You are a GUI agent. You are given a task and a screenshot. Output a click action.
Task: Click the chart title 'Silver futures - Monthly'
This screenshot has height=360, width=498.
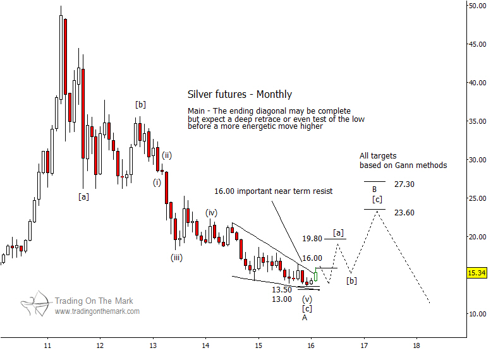(x=240, y=95)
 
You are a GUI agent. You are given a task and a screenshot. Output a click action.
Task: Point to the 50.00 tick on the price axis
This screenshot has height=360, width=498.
(x=477, y=6)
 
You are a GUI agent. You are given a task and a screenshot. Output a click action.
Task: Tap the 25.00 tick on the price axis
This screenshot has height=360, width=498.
(x=477, y=198)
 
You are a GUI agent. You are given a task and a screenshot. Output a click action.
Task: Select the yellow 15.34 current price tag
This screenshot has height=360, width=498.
(x=477, y=273)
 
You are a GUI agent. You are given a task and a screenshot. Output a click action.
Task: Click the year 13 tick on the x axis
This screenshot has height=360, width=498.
(x=153, y=346)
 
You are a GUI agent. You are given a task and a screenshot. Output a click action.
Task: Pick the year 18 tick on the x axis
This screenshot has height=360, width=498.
(x=416, y=346)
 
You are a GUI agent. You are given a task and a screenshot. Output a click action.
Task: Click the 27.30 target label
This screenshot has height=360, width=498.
(x=404, y=184)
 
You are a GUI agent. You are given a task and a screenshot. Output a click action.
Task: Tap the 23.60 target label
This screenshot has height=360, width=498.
(x=404, y=213)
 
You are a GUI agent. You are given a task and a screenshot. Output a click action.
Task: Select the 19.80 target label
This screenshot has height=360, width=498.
(x=312, y=239)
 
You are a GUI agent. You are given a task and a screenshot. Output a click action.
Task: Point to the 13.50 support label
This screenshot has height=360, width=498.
(x=281, y=290)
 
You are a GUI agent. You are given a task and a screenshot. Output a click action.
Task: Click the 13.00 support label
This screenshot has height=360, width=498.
(x=281, y=299)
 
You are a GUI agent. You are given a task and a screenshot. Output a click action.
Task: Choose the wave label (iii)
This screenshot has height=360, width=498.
(x=176, y=257)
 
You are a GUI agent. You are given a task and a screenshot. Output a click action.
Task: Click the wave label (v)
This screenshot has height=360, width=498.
(x=307, y=299)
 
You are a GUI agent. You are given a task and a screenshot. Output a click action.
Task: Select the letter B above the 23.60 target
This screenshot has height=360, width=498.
(x=374, y=189)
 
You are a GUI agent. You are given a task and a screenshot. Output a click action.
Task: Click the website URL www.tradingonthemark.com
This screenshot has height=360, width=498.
(x=97, y=311)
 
